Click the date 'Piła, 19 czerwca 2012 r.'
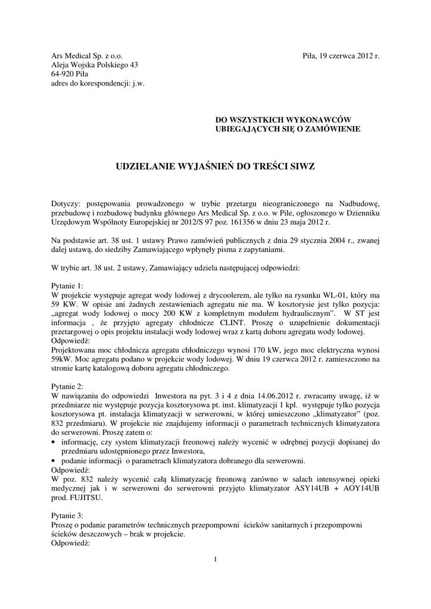coord(341,55)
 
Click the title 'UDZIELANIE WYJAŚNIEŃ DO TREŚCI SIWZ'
coord(215,168)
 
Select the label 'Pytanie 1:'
coord(68,286)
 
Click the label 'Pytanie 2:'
coord(68,385)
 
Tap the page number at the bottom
coord(215,558)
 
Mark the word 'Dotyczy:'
coord(65,203)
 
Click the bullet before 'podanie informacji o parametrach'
coord(54,461)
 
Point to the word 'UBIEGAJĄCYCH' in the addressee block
coord(245,129)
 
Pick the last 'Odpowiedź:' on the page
coord(70,542)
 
